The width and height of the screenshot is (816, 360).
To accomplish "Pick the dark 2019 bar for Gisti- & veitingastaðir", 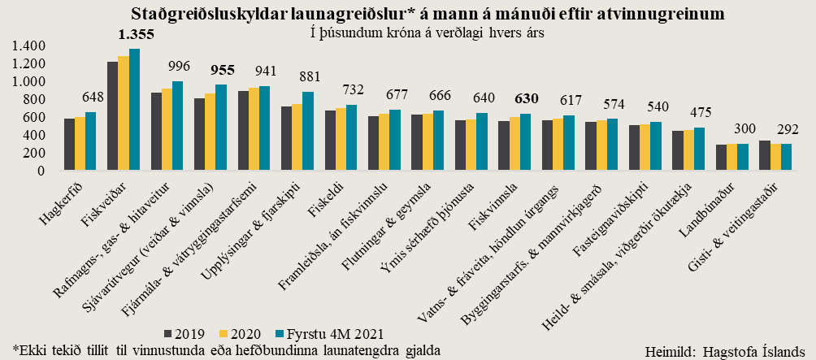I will pos(763,156).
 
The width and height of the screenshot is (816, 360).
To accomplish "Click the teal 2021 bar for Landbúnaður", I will pos(742,158).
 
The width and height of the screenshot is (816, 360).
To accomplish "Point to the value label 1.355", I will pos(135,35).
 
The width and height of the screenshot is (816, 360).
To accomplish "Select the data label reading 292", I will pos(787,129).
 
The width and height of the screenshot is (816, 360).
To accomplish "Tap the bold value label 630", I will pos(525,99).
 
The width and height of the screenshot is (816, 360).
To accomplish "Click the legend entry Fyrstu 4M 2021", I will pos(328,334).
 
